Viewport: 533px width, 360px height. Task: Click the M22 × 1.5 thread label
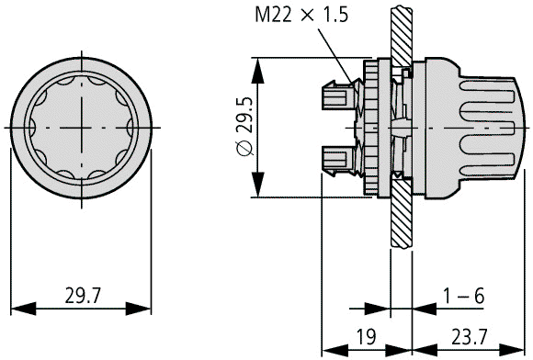click(x=301, y=16)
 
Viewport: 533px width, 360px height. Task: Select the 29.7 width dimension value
click(x=83, y=296)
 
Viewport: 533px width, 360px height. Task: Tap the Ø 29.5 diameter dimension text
click(x=245, y=127)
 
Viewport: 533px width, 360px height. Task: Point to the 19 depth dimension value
click(x=366, y=337)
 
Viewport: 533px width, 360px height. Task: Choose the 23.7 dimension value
click(x=469, y=337)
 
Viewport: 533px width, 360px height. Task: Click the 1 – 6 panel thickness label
click(x=464, y=296)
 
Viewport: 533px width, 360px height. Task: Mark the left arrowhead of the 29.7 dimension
click(x=23, y=309)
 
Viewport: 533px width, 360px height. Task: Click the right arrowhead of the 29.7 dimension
click(x=139, y=309)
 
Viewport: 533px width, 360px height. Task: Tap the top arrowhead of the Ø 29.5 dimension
click(x=257, y=71)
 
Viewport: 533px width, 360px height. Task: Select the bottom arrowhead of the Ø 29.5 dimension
click(x=257, y=185)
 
